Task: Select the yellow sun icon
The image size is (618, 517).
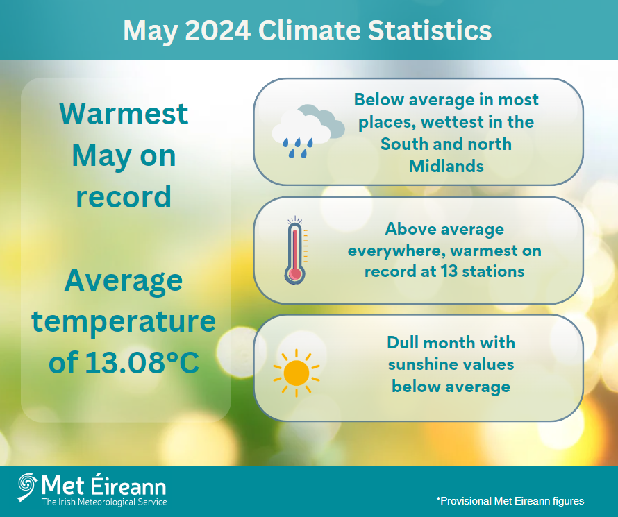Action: pyautogui.click(x=296, y=373)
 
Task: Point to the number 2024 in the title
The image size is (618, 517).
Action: pyautogui.click(x=210, y=31)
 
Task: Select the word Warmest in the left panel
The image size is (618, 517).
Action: pyautogui.click(x=123, y=114)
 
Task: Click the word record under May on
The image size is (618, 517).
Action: pyautogui.click(x=123, y=197)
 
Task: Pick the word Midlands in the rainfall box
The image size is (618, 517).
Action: pyautogui.click(x=446, y=167)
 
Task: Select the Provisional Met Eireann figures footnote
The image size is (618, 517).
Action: pyautogui.click(x=510, y=500)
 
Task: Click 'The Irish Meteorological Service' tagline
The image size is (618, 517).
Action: pyautogui.click(x=104, y=502)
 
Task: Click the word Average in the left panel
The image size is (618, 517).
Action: pyautogui.click(x=123, y=280)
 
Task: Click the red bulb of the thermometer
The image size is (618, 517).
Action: pyautogui.click(x=294, y=274)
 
